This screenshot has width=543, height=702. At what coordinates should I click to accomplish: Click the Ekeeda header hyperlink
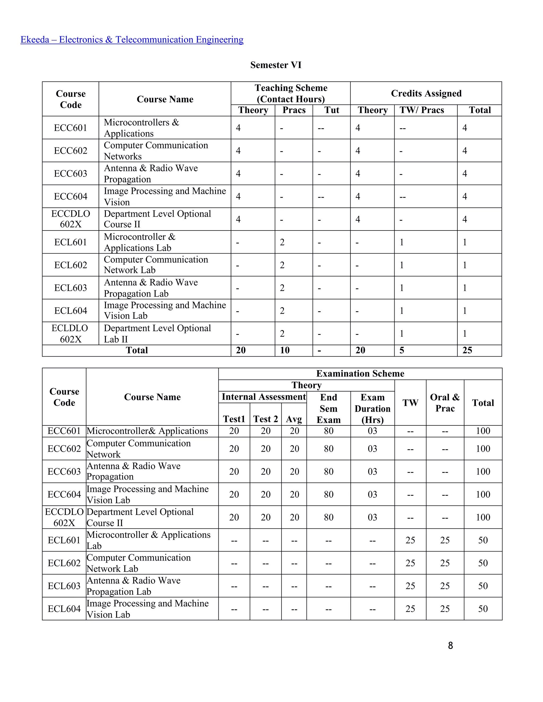point(132,39)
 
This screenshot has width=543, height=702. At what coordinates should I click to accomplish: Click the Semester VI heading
point(276,65)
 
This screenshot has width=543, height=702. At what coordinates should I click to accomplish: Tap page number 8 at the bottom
point(450,645)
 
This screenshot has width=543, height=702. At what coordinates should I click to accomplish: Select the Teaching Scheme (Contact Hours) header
point(291,93)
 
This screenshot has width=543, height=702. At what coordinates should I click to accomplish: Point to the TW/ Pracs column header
point(422,110)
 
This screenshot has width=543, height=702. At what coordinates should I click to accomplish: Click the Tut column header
point(331,110)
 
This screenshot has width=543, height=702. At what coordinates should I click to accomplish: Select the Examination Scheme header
point(360,374)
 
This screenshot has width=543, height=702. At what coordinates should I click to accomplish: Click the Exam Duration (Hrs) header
point(372,408)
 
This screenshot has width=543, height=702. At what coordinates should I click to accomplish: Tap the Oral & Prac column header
point(445,403)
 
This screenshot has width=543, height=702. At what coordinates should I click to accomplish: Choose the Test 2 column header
point(265,419)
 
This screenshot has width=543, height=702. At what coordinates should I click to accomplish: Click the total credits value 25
point(467,350)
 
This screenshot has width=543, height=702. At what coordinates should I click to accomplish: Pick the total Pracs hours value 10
point(285,350)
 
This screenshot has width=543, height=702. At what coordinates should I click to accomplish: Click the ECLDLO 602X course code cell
point(70,334)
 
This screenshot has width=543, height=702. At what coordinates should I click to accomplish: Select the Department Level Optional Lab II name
point(157,334)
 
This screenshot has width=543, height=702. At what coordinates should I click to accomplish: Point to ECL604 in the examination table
point(64,609)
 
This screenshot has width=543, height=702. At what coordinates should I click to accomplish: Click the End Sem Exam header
point(328,408)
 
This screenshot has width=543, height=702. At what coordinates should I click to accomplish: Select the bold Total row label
point(137,350)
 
